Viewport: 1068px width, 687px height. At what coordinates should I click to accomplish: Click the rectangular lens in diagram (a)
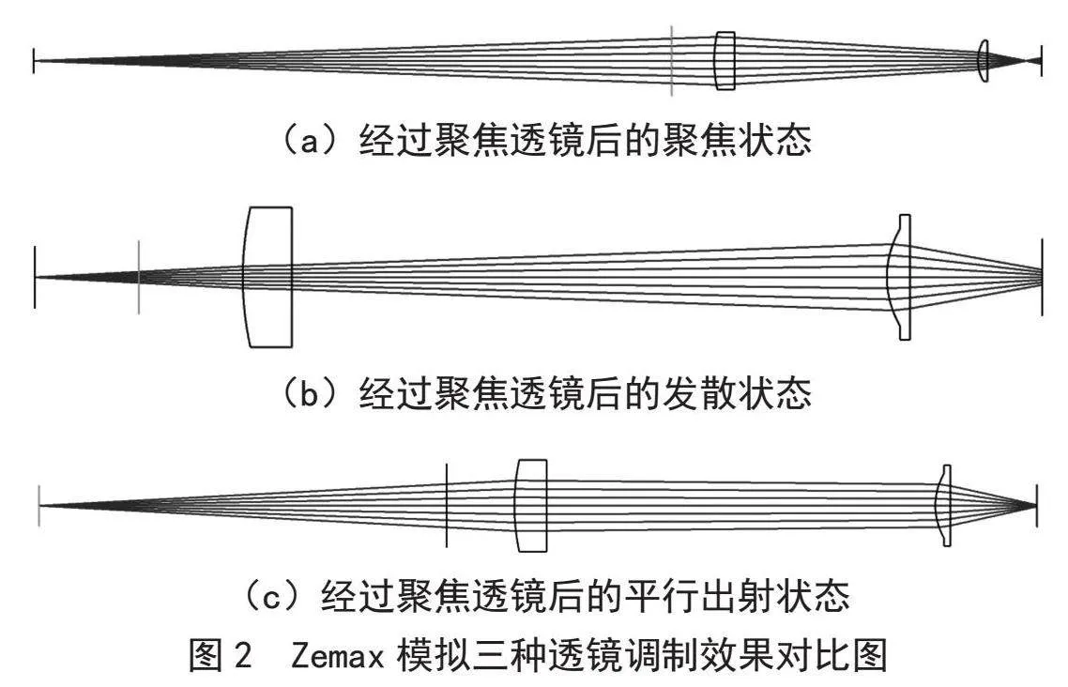725,60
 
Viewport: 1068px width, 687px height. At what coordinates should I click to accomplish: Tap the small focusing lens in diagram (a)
983,61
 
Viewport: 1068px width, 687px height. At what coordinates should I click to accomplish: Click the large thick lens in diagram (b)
267,277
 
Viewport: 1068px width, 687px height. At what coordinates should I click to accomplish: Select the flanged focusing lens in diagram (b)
900,277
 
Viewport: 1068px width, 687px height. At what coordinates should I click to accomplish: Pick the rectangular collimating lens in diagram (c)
531,505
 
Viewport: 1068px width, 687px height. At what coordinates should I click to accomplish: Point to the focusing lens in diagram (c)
944,505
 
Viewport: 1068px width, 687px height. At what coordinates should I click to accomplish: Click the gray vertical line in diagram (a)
672,61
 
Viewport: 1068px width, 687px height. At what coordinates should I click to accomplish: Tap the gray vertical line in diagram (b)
139,277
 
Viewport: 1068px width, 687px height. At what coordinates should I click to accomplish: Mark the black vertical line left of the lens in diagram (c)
446,505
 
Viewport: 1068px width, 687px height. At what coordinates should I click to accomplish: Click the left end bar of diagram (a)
34,61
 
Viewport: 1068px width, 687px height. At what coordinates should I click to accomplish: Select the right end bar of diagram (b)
1042,277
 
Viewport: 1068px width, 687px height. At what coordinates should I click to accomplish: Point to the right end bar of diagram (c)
1037,505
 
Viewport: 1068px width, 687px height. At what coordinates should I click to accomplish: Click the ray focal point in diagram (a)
1027,61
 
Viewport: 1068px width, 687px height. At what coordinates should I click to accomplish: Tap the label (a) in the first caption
310,141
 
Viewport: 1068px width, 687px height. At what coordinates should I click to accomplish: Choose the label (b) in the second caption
310,393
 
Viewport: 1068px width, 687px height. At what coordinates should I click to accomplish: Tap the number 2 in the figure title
242,656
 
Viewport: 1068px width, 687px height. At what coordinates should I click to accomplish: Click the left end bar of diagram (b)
34,277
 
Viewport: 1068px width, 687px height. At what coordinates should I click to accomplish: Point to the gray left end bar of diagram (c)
39,505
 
